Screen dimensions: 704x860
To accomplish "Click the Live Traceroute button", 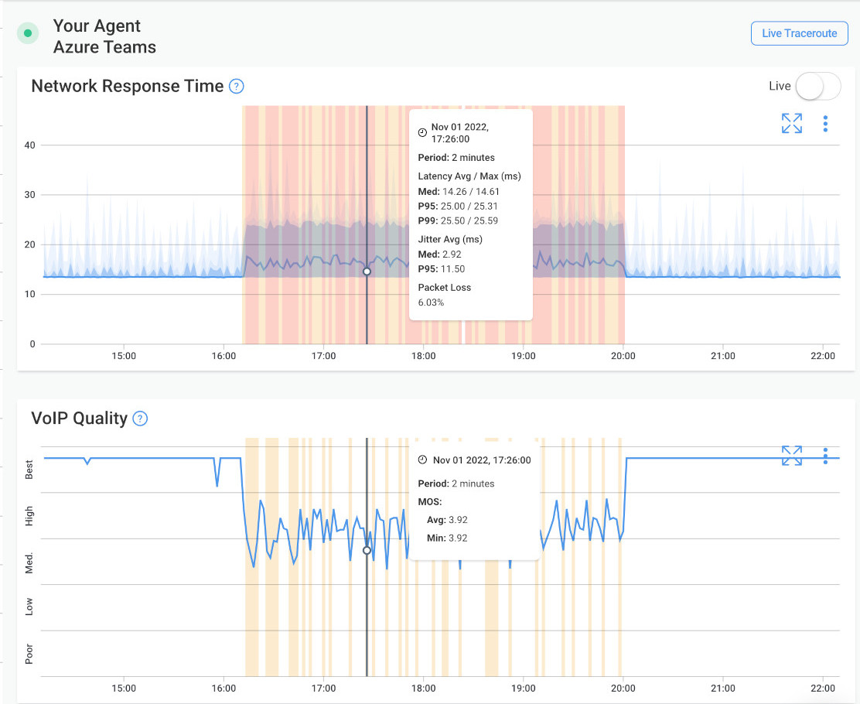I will (799, 33).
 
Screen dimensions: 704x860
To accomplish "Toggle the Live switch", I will (817, 87).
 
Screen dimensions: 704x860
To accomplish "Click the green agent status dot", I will (29, 33).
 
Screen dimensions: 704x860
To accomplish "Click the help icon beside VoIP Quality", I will (140, 419).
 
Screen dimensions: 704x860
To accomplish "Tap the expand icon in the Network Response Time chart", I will (791, 124).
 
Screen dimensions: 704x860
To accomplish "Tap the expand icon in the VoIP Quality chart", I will (791, 456).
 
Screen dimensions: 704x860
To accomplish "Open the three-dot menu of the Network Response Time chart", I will (825, 124).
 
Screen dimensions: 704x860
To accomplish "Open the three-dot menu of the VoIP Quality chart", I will (825, 456).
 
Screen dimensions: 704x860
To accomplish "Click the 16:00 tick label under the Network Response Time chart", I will (224, 356).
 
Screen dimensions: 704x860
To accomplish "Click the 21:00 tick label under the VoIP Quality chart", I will (723, 687).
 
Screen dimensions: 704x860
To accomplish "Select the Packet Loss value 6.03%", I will (431, 302).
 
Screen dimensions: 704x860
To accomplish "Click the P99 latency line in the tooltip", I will (458, 220).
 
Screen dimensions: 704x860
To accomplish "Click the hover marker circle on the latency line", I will (367, 272).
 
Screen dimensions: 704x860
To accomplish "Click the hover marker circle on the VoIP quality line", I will (367, 551).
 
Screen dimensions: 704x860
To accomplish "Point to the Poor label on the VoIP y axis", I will (29, 654).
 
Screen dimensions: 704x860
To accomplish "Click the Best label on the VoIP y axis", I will (29, 470).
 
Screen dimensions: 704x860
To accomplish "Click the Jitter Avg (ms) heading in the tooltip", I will (449, 239).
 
